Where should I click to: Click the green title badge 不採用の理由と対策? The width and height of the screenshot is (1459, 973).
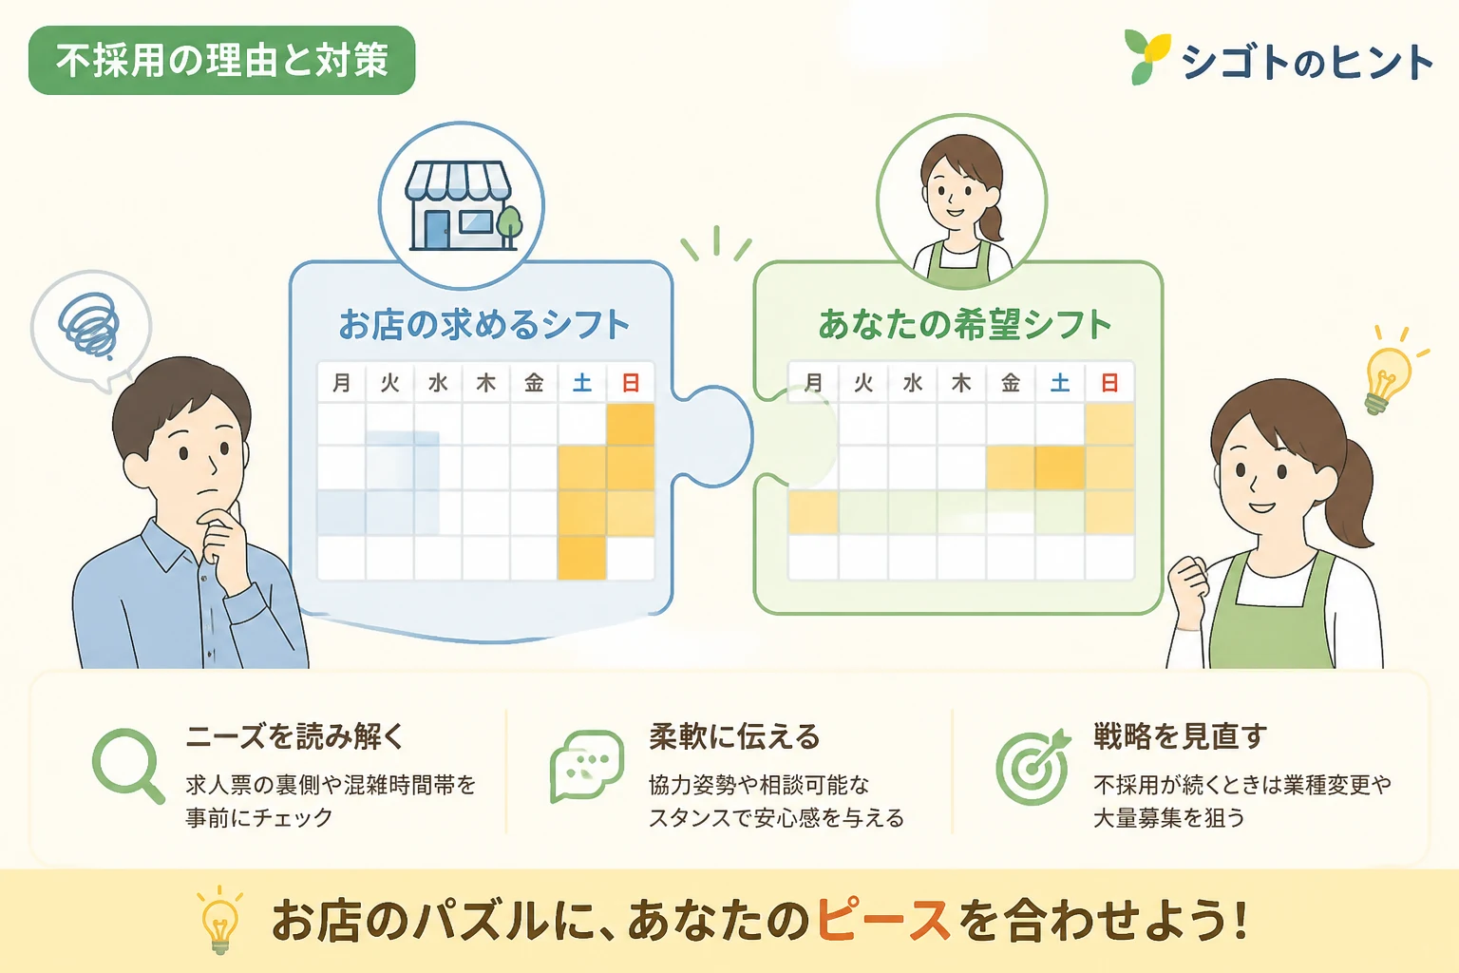[x=221, y=60]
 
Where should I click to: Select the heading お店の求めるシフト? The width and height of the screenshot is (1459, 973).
[x=483, y=324]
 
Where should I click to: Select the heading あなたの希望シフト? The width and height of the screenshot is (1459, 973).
[x=964, y=324]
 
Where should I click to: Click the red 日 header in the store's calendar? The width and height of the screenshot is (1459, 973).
[x=631, y=383]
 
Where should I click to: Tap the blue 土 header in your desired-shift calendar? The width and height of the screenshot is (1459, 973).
[x=1060, y=383]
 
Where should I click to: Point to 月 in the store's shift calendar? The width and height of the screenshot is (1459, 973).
[x=341, y=383]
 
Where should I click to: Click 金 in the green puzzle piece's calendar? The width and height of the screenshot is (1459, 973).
[x=1011, y=383]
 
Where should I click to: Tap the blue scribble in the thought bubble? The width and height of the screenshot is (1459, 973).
[x=89, y=326]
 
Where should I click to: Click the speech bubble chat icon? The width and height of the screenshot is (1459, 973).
[x=587, y=767]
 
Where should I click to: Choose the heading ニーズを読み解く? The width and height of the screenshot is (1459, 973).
[x=294, y=737]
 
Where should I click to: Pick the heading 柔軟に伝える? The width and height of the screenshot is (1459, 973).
[x=734, y=737]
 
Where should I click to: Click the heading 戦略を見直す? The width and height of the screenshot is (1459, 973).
[x=1180, y=737]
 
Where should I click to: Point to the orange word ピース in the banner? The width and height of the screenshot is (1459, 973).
[x=882, y=920]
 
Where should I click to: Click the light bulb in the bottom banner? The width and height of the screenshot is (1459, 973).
[x=220, y=920]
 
